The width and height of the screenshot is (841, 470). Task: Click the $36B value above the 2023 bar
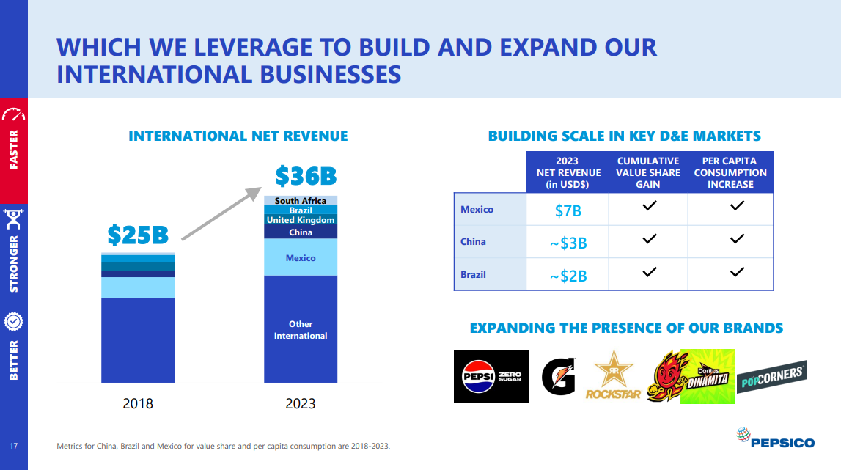(x=306, y=176)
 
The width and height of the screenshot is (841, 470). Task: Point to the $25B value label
(x=138, y=235)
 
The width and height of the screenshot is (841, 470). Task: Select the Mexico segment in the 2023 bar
(x=301, y=258)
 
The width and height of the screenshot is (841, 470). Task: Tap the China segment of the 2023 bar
(x=301, y=232)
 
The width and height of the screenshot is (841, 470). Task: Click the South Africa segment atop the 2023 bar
(x=301, y=201)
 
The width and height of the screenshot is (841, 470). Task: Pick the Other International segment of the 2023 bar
(x=301, y=330)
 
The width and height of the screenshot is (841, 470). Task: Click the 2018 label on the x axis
(x=138, y=403)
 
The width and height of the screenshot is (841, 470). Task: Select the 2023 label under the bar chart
(x=301, y=403)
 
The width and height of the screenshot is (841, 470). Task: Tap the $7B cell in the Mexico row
(x=568, y=210)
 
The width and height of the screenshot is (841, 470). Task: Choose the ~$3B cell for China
(x=568, y=243)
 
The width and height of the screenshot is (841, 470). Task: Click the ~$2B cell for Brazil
(x=568, y=275)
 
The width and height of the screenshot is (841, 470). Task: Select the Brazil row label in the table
(x=473, y=275)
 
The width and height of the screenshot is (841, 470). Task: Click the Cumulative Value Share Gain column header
(x=647, y=172)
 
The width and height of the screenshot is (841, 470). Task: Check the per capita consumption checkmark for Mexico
(x=738, y=206)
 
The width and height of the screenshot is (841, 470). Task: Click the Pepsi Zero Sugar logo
(x=491, y=376)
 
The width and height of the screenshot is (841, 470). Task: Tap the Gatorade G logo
(x=559, y=375)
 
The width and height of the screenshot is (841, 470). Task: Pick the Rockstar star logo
(x=613, y=375)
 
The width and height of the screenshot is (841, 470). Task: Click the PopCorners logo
(x=771, y=377)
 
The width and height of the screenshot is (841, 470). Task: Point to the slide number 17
(x=13, y=446)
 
